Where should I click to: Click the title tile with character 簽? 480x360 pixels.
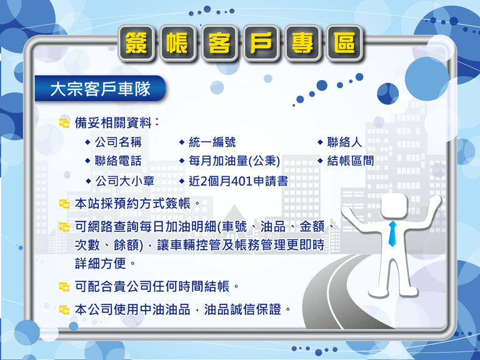coord(136,43)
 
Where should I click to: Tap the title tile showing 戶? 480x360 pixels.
coord(261,43)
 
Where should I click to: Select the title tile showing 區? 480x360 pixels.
coord(345,43)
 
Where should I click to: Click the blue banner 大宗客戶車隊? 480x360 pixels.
coord(100,89)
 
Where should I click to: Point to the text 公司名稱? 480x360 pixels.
coord(118,142)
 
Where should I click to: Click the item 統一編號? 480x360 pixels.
coord(212,142)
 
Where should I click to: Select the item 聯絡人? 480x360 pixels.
coord(345,142)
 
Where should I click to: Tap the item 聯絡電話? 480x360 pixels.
coord(118,161)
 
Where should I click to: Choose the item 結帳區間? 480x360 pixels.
coord(351,161)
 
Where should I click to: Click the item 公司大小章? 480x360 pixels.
coord(125,181)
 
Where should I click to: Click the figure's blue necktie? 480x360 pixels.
coord(392,234)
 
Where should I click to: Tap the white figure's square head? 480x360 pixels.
coord(394,206)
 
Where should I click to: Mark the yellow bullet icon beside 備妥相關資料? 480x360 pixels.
coord(64,123)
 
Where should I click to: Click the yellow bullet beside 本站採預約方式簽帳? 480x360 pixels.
coord(64,204)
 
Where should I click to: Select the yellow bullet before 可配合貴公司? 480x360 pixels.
coord(64,287)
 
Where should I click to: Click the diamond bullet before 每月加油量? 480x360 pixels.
coord(182,161)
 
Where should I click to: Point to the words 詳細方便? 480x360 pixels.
coord(101,264)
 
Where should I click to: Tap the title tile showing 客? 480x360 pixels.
coord(219,43)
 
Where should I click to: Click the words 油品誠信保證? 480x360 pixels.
coord(242,309)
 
